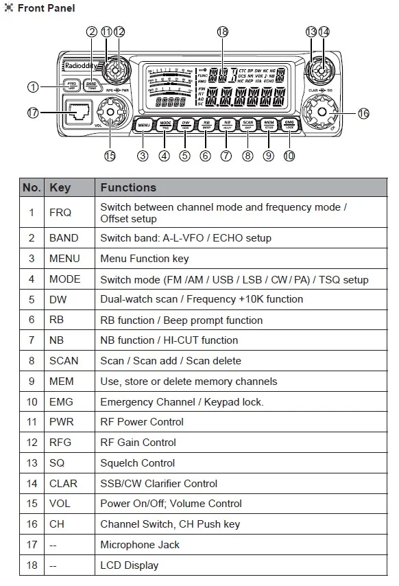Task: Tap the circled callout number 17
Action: [x=32, y=113]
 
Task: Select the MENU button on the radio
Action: [x=143, y=125]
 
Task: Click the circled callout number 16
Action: [x=363, y=113]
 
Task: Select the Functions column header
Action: [x=128, y=187]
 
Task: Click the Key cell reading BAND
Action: [x=64, y=238]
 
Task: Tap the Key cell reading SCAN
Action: [x=64, y=360]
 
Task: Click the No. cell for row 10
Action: [x=32, y=401]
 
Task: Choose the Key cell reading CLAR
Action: [x=63, y=483]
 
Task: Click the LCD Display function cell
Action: [x=129, y=565]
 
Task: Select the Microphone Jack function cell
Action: [x=140, y=544]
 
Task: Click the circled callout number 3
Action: [x=143, y=156]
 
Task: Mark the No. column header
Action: [x=32, y=187]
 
